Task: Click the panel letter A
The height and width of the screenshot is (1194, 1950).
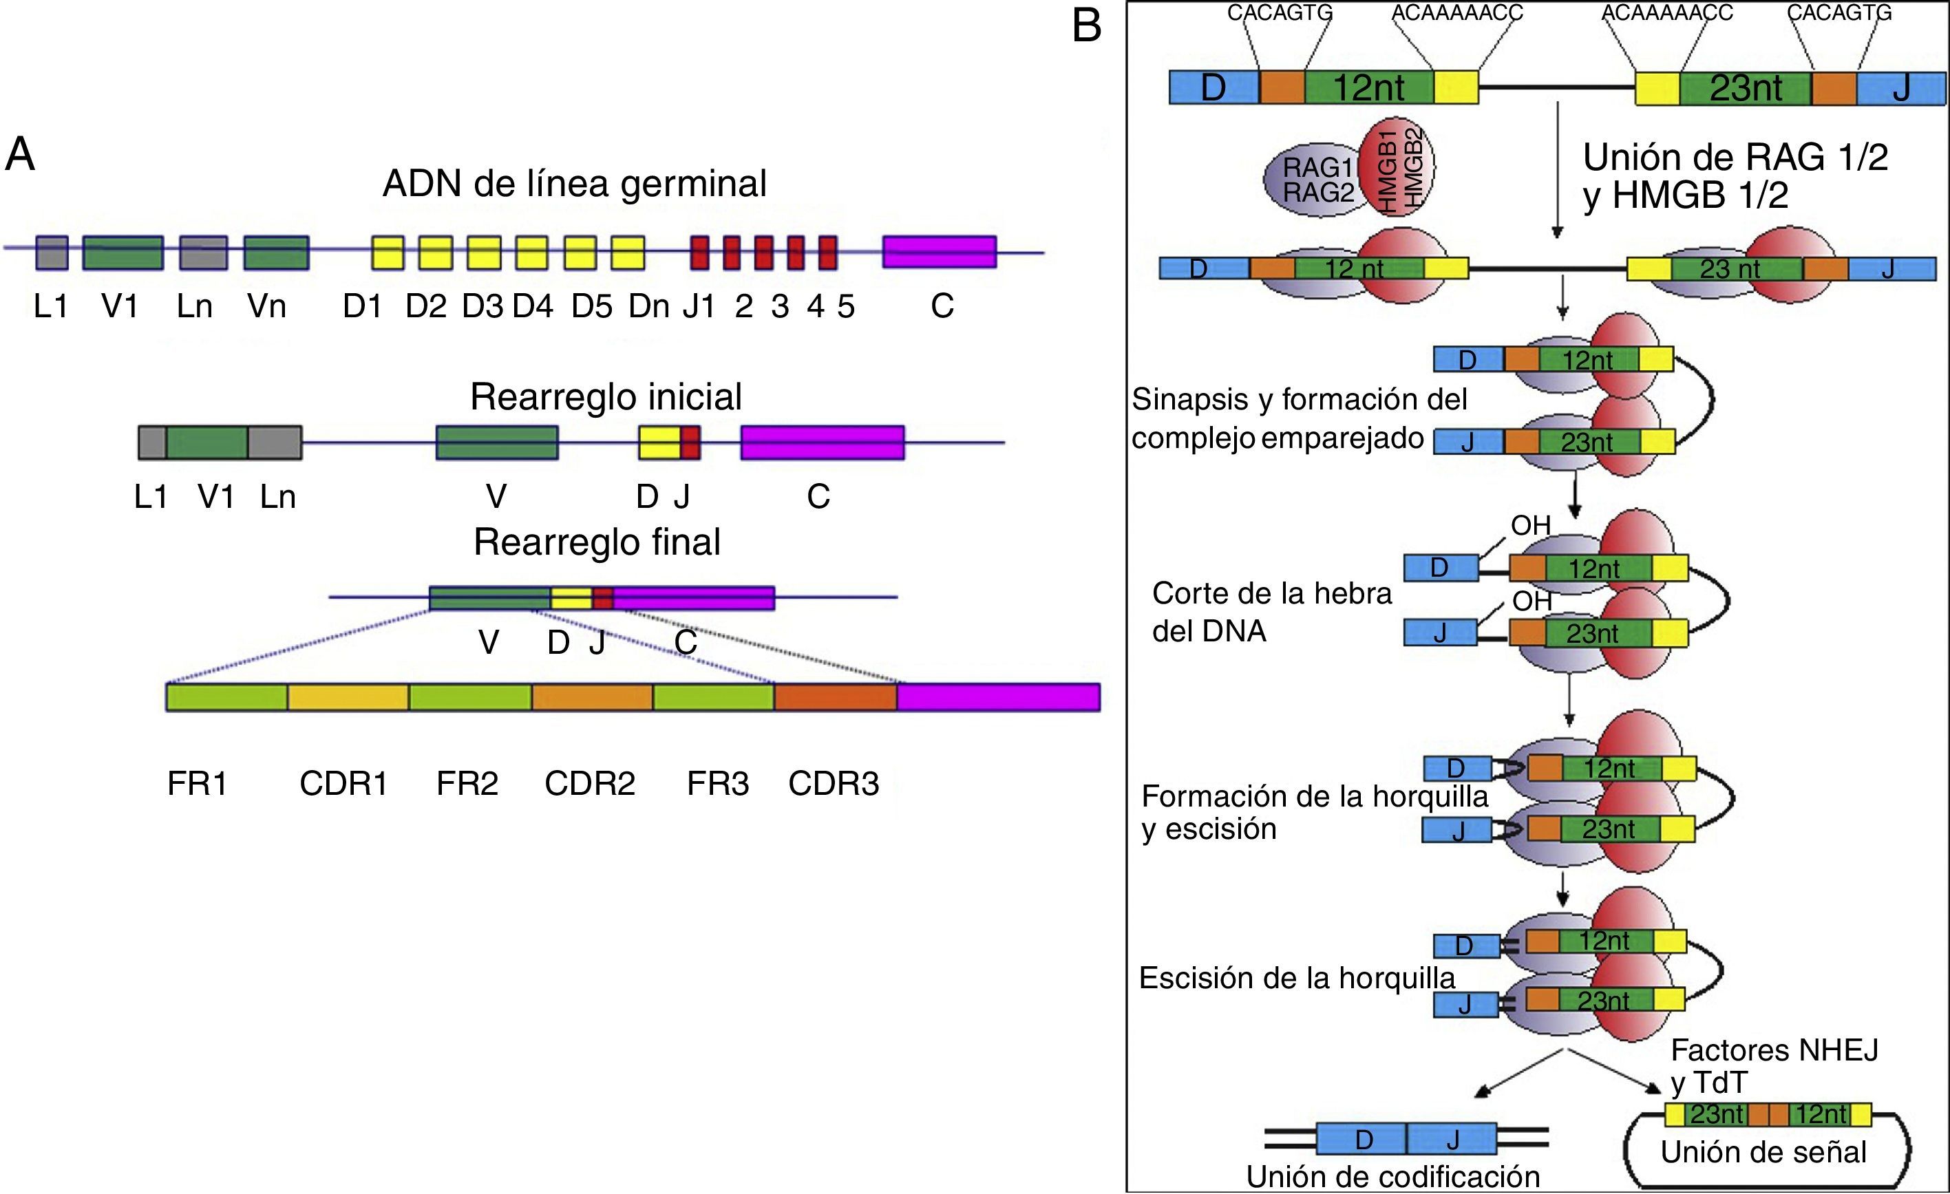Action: [20, 153]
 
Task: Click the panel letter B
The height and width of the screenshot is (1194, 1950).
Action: [1087, 25]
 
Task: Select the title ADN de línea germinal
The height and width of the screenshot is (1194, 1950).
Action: [575, 184]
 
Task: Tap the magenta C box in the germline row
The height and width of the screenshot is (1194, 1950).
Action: [940, 252]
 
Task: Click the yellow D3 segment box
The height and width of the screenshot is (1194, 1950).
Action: [484, 253]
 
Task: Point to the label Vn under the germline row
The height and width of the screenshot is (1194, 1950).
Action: [266, 306]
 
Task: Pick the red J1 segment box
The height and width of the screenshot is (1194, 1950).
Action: [699, 253]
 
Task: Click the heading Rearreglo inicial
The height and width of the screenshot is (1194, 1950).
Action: [606, 397]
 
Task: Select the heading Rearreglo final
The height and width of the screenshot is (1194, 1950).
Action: [597, 543]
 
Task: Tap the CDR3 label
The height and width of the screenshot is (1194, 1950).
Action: [834, 783]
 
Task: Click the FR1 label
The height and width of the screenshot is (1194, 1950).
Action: [198, 783]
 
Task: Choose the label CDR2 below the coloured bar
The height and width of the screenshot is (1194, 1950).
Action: [590, 783]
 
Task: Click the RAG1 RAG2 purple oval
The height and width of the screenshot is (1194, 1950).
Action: [1314, 180]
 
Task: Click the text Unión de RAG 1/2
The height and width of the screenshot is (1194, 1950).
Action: [1735, 158]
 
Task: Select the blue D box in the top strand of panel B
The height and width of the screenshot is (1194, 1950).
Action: [1214, 87]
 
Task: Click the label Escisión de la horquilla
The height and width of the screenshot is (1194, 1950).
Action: [1296, 979]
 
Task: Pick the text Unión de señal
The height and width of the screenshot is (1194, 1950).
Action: [1763, 1152]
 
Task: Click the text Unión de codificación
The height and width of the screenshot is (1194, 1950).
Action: [1393, 1177]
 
